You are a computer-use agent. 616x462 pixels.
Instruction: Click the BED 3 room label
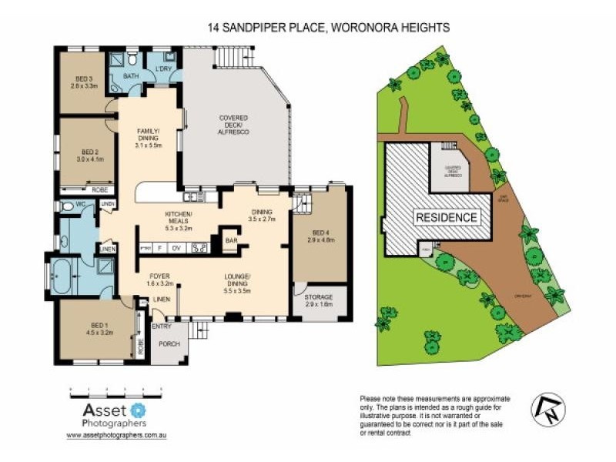click(83, 81)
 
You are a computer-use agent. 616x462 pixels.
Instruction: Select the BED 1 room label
click(100, 330)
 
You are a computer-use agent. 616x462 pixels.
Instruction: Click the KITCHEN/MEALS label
click(178, 219)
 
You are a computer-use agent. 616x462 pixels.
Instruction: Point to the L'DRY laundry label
click(162, 70)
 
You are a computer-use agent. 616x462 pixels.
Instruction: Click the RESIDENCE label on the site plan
click(447, 217)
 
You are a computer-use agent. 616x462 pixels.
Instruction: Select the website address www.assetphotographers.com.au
click(117, 435)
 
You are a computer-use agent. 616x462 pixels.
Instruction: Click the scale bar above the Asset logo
click(116, 392)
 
